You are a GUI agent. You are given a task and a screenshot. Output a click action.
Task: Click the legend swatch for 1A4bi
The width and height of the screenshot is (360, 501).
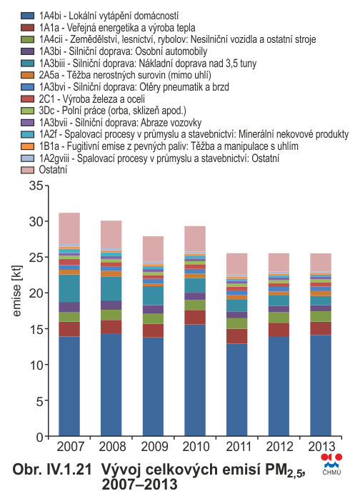27,16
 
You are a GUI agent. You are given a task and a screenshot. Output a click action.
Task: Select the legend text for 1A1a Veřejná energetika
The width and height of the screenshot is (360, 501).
117,28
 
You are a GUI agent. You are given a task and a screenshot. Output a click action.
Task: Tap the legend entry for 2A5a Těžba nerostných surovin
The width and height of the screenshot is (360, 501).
125,75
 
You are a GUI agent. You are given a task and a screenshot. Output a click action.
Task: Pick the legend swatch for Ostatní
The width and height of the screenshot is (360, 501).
27,170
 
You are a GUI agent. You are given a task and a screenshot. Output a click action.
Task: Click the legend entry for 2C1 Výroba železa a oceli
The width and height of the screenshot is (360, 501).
91,98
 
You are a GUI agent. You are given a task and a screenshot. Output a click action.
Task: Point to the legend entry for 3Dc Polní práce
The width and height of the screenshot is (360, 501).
113,111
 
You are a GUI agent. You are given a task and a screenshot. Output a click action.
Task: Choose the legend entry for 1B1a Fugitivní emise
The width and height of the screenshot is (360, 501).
169,146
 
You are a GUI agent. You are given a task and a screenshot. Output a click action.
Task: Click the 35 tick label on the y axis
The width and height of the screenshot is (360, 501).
36,186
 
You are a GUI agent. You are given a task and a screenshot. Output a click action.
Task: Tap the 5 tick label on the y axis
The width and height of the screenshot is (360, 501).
40,400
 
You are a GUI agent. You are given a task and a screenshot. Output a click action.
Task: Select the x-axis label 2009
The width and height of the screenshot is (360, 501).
154,446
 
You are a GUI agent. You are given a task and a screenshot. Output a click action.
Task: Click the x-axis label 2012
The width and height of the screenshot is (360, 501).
279,446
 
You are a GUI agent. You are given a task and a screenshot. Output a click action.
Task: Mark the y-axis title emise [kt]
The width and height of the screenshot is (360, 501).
16,290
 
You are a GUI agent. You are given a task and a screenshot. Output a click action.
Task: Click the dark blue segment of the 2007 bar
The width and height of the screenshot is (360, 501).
69,386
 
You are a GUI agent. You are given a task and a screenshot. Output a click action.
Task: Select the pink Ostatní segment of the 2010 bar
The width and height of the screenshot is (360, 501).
195,239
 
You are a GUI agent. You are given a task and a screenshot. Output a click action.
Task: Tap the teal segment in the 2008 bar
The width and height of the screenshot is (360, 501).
111,289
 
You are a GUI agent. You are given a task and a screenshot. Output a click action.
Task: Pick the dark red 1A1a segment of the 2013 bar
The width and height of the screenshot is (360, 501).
321,328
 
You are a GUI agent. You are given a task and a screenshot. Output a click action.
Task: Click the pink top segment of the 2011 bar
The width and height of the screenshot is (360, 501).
237,264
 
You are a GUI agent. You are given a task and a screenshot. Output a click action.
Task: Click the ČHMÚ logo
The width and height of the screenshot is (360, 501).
331,464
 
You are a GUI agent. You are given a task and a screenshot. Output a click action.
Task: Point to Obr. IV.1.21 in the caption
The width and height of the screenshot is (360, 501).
52,470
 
